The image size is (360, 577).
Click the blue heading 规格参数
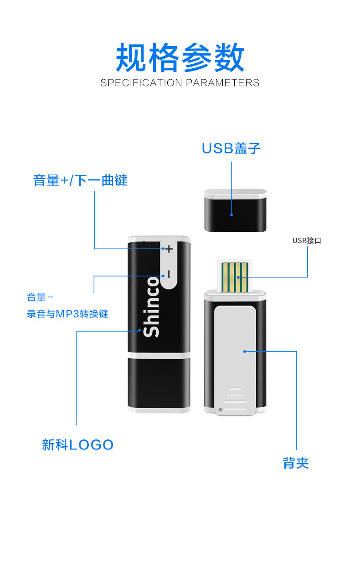pyautogui.click(x=180, y=58)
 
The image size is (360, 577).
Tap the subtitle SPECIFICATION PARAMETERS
pyautogui.click(x=180, y=83)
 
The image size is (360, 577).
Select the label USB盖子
pyautogui.click(x=231, y=148)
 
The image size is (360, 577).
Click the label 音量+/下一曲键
pyautogui.click(x=80, y=180)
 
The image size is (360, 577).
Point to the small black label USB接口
pyautogui.click(x=307, y=240)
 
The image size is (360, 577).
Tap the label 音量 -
pyautogui.click(x=40, y=298)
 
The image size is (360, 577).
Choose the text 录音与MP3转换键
pyautogui.click(x=67, y=314)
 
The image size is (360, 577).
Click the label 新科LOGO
pyautogui.click(x=77, y=445)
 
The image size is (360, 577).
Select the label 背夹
pyautogui.click(x=296, y=463)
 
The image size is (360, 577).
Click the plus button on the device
pyautogui.click(x=169, y=249)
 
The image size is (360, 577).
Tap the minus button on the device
pyautogui.click(x=169, y=275)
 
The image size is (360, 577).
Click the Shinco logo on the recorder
pyautogui.click(x=152, y=306)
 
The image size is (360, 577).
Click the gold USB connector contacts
pyautogui.click(x=235, y=276)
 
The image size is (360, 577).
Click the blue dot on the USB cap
pyautogui.click(x=231, y=214)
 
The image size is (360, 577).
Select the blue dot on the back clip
pyautogui.click(x=245, y=351)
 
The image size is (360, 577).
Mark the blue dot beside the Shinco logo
pyautogui.click(x=140, y=330)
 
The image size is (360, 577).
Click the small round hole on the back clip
pyautogui.click(x=221, y=410)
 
